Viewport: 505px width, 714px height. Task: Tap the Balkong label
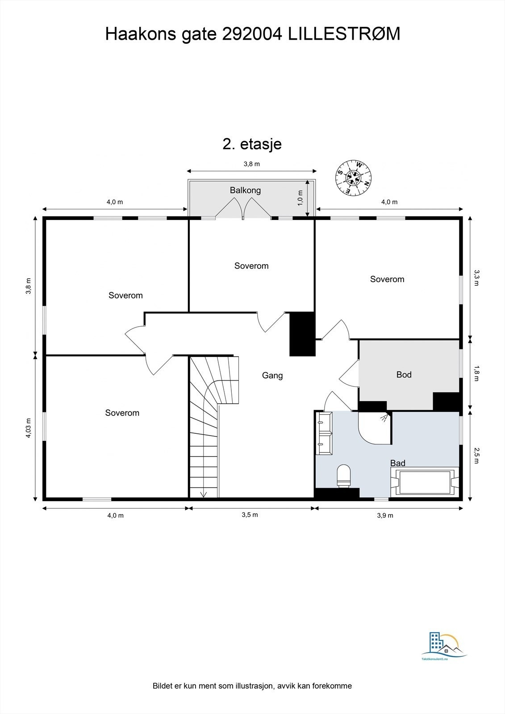[245, 191]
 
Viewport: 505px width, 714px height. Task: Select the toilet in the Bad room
[343, 476]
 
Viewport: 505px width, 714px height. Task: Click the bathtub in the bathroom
[424, 482]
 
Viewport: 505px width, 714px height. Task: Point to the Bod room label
[404, 375]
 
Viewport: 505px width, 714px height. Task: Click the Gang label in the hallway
[272, 376]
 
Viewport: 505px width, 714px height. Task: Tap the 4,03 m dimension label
[28, 428]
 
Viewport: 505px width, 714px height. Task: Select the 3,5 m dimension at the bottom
[250, 515]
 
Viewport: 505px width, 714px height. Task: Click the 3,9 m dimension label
[385, 515]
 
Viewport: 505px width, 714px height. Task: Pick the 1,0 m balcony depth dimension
[300, 198]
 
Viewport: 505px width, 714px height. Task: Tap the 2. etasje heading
[252, 144]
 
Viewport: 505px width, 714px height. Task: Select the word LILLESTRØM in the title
[343, 34]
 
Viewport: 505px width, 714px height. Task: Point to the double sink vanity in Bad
[324, 433]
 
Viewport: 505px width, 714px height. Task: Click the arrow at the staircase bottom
[204, 494]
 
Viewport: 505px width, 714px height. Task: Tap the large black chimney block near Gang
[302, 333]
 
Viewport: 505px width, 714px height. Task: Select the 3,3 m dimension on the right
[476, 278]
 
